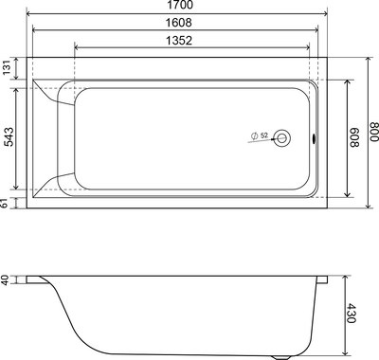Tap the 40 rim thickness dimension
(7, 280)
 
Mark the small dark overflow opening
(315, 139)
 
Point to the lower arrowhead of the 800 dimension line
(364, 207)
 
